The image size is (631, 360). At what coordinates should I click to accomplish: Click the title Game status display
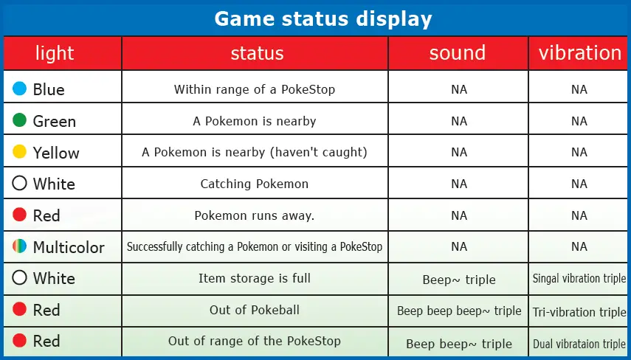point(323,18)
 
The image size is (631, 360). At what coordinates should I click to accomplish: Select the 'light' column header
point(55,53)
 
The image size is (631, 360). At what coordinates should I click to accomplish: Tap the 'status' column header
point(256,53)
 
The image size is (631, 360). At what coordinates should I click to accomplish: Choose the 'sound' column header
point(458,53)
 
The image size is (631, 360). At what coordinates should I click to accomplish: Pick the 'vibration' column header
point(579,53)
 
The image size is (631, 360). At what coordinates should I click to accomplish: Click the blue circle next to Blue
point(20,89)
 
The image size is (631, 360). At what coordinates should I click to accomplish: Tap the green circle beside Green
point(20,120)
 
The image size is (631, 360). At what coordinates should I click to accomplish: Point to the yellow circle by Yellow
point(20,152)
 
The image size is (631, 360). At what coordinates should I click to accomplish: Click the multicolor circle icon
point(20,246)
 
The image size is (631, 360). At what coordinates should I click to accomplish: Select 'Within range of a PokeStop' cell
point(255,89)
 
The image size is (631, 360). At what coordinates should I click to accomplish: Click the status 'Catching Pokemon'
point(255,184)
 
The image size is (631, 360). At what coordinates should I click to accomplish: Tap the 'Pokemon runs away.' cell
point(255,215)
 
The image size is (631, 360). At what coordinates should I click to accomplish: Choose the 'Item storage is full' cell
point(255,278)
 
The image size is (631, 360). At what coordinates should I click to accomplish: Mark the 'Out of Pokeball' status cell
point(255,310)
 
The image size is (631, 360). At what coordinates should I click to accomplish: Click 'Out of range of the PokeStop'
point(255,341)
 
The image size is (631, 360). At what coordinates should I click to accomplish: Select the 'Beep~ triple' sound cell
point(459,280)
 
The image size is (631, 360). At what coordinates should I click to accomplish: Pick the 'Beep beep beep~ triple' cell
point(459,311)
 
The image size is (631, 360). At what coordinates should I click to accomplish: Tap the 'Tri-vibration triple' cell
point(579,312)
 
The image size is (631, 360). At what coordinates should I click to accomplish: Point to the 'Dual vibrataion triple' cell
point(579,344)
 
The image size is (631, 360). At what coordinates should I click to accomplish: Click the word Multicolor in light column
point(69,247)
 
